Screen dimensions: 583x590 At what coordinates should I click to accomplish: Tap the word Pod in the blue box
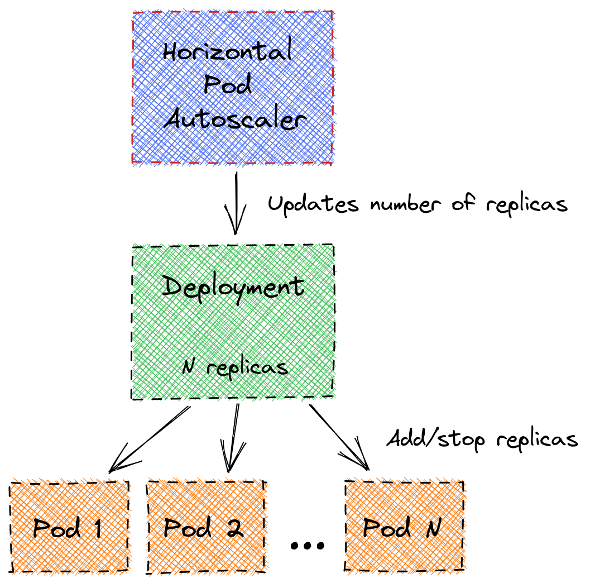(228, 85)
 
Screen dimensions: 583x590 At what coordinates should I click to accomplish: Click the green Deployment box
(233, 329)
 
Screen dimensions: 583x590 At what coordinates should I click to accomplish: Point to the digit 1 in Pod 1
(98, 528)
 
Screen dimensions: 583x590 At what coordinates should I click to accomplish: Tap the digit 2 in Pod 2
(236, 528)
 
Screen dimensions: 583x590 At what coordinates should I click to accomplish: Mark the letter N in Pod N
(433, 528)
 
